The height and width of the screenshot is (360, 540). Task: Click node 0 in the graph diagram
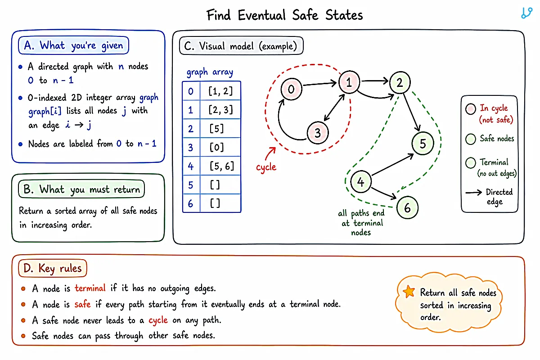pyautogui.click(x=291, y=89)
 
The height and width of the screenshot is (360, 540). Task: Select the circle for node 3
pyautogui.click(x=318, y=133)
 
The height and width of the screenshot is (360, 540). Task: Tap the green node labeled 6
pyautogui.click(x=407, y=207)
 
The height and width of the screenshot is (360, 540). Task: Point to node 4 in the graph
pyautogui.click(x=360, y=181)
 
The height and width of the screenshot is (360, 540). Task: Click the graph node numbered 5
pyautogui.click(x=423, y=144)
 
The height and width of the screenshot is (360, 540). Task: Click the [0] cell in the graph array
pyautogui.click(x=217, y=147)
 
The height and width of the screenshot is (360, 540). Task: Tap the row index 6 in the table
pyautogui.click(x=191, y=204)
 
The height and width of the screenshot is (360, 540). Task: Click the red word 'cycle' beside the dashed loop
pyautogui.click(x=266, y=167)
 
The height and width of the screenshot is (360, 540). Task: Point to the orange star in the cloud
pyautogui.click(x=409, y=292)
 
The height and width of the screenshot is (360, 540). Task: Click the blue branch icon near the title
pyautogui.click(x=526, y=13)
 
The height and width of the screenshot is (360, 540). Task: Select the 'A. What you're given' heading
pyautogui.click(x=73, y=45)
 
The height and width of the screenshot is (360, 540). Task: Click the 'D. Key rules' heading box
pyautogui.click(x=53, y=268)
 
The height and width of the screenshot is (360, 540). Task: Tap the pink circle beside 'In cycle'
pyautogui.click(x=471, y=109)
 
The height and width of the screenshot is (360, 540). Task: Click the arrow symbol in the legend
pyautogui.click(x=473, y=193)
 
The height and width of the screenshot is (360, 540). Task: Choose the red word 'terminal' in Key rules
pyautogui.click(x=90, y=288)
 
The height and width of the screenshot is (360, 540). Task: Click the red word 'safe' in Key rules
pyautogui.click(x=82, y=304)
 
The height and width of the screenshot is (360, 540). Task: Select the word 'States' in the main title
pyautogui.click(x=344, y=15)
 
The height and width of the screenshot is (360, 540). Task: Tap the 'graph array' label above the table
pyautogui.click(x=210, y=72)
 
